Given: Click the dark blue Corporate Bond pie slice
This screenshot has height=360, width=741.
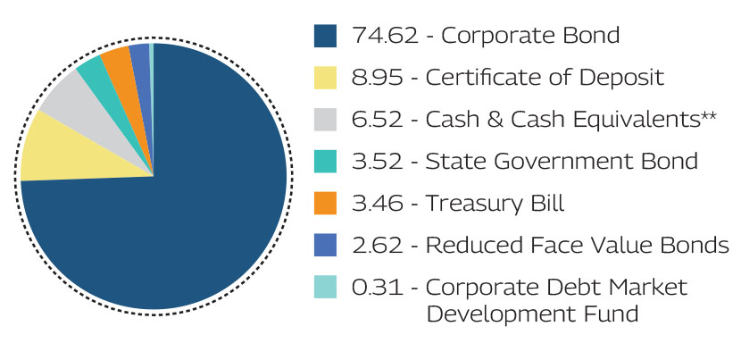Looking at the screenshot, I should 170,223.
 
